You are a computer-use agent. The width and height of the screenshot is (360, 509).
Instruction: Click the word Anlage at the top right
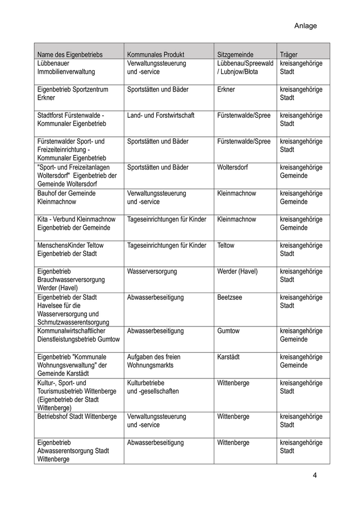[305, 26]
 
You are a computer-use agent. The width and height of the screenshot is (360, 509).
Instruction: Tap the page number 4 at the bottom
[315, 475]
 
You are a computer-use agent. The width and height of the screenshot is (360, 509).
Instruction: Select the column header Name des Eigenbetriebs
[70, 54]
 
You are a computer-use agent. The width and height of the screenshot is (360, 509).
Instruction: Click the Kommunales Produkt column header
[155, 54]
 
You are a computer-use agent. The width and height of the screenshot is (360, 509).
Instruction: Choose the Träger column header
[289, 54]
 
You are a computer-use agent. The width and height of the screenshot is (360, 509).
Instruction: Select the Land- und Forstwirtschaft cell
[160, 115]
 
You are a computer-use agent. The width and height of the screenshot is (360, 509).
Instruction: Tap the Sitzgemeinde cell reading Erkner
[226, 89]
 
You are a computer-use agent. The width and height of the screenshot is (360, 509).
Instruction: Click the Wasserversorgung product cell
[152, 271]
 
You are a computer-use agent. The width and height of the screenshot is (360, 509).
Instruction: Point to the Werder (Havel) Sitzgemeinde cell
[238, 271]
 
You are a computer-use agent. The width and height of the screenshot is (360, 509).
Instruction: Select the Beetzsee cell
[229, 297]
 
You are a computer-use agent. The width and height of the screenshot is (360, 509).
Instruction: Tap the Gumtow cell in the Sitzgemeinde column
[228, 331]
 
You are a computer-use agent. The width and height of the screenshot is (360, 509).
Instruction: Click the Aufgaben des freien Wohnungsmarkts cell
[154, 361]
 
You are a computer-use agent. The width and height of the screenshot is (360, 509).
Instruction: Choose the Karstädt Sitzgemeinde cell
[228, 357]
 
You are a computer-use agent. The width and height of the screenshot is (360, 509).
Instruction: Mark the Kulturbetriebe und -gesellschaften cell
[153, 387]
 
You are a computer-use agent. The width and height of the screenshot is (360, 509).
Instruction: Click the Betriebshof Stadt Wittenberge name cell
[77, 416]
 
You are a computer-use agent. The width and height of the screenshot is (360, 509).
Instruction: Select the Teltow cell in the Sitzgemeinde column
[226, 245]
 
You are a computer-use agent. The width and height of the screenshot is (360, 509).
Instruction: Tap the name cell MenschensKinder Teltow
[70, 249]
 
